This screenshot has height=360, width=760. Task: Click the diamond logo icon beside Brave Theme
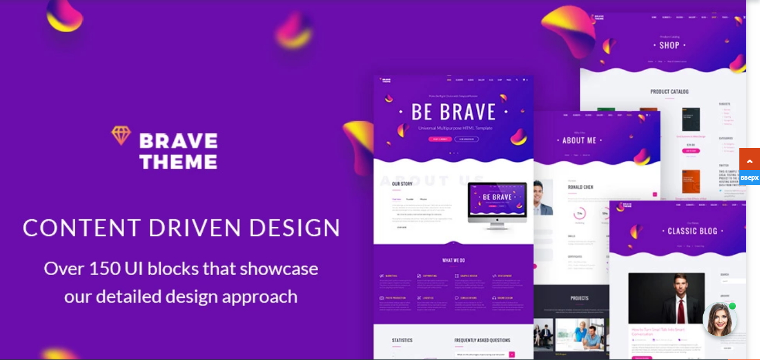coord(121,136)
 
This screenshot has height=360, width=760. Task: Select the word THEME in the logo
coord(178,162)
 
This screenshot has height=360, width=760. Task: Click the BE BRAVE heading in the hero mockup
coord(453,112)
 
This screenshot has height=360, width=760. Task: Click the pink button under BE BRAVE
coord(440,139)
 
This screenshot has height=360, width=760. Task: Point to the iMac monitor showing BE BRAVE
coord(497,202)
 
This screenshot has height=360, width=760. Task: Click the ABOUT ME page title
coord(579,140)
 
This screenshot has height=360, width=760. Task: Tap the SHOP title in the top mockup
coord(669,45)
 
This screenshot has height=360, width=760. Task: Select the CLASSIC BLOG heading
coord(692,231)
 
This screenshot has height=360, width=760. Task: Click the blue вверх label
coord(749,177)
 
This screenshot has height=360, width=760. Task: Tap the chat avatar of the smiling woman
coord(719,320)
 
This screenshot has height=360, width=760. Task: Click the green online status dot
coord(732,306)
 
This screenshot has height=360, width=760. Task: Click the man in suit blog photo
coord(666,298)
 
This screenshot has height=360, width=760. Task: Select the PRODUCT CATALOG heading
coord(669,91)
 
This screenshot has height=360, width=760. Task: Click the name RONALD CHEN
coord(581,187)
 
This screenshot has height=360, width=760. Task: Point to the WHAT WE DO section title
coord(453,260)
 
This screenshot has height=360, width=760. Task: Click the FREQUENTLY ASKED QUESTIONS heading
coord(482,340)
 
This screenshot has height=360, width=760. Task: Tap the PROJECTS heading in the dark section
coord(579,299)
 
